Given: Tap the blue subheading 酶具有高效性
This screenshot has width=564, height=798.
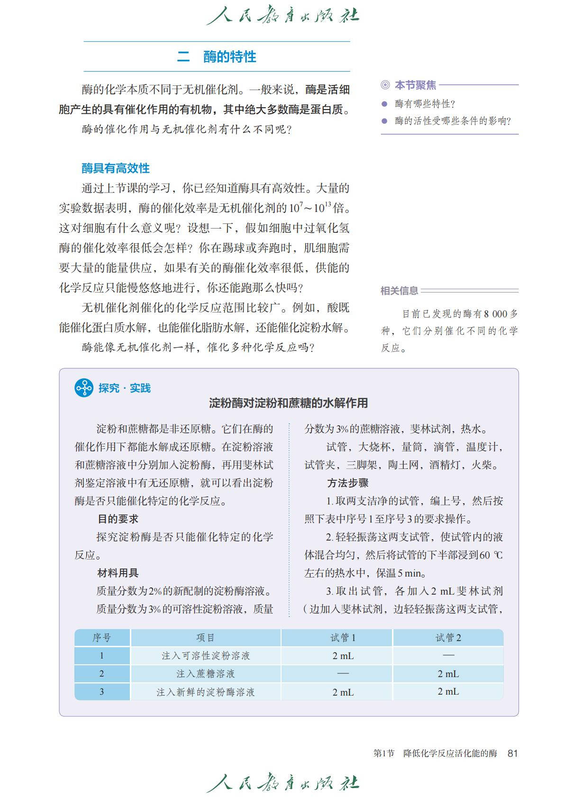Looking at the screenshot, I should click(115, 168).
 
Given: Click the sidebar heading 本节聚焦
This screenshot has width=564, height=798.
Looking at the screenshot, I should click(415, 85).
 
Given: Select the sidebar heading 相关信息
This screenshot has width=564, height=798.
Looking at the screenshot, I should click(399, 291).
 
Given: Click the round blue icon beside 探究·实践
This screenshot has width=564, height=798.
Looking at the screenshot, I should click(84, 388).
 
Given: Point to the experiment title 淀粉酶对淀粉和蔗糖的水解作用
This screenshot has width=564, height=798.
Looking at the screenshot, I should click(288, 404).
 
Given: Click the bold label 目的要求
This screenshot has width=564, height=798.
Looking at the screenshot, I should click(118, 519).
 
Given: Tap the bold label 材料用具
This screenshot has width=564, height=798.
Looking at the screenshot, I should click(118, 573).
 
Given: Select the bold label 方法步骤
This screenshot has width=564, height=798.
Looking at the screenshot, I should click(347, 483).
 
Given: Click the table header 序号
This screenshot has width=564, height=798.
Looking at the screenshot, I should click(101, 638).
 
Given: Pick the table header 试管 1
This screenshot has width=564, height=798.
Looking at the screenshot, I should click(343, 638).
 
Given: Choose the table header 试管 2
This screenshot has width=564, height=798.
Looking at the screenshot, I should click(448, 638).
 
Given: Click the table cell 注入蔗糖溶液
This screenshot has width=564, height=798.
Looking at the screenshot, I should click(205, 674).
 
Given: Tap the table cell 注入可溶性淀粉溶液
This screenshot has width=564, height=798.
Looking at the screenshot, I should click(205, 656).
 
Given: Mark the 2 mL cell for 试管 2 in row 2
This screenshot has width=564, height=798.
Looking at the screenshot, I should click(448, 674).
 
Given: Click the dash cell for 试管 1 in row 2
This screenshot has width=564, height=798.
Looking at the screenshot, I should click(343, 674).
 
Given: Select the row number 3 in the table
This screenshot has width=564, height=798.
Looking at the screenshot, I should click(101, 692).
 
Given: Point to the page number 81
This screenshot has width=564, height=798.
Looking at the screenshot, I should click(512, 753).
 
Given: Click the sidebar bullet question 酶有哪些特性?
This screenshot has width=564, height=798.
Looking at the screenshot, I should click(425, 104).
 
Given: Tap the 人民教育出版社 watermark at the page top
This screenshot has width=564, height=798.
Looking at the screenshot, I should click(282, 16).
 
